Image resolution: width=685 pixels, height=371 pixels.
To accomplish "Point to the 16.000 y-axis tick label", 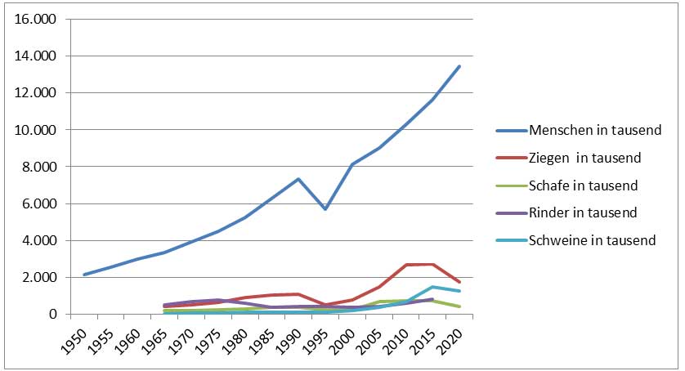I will [x=33, y=20].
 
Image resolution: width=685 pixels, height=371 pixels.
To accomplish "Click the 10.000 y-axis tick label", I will [x=33, y=130].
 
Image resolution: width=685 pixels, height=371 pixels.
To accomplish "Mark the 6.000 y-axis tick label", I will [x=36, y=203].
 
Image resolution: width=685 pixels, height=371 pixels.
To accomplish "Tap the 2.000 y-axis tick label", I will [x=36, y=277].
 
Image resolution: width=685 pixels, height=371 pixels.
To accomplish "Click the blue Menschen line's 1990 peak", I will [x=299, y=179].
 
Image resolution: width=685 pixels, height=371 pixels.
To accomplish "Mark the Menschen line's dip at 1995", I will [x=326, y=209].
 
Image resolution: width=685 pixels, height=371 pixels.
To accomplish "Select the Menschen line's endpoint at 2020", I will [x=459, y=66].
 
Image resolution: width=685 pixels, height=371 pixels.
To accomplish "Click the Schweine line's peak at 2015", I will [x=432, y=287].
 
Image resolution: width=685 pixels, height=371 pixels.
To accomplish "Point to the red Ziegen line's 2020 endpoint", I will [x=459, y=282].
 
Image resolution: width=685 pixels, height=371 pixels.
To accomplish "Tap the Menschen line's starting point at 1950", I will [x=85, y=275].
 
